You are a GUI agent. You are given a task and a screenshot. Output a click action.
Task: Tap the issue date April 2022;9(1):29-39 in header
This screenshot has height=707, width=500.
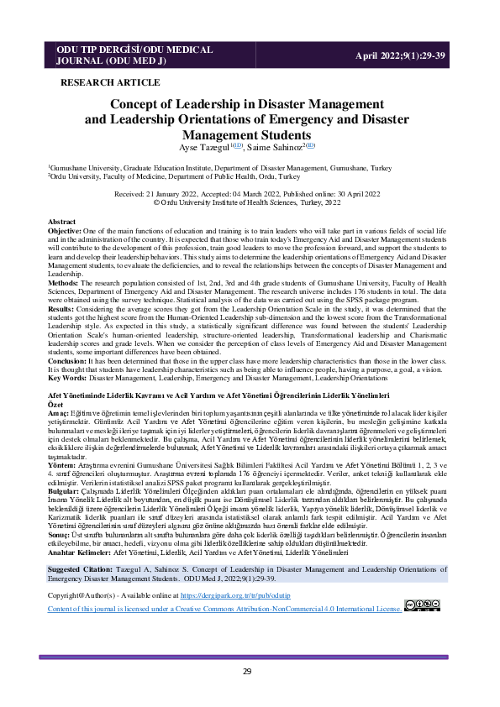click(402, 54)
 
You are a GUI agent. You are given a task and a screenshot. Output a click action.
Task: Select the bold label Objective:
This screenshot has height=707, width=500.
click(65, 229)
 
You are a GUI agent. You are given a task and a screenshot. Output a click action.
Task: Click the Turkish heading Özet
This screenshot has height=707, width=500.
click(55, 403)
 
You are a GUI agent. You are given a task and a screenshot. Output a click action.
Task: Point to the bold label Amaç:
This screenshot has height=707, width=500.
click(58, 411)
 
